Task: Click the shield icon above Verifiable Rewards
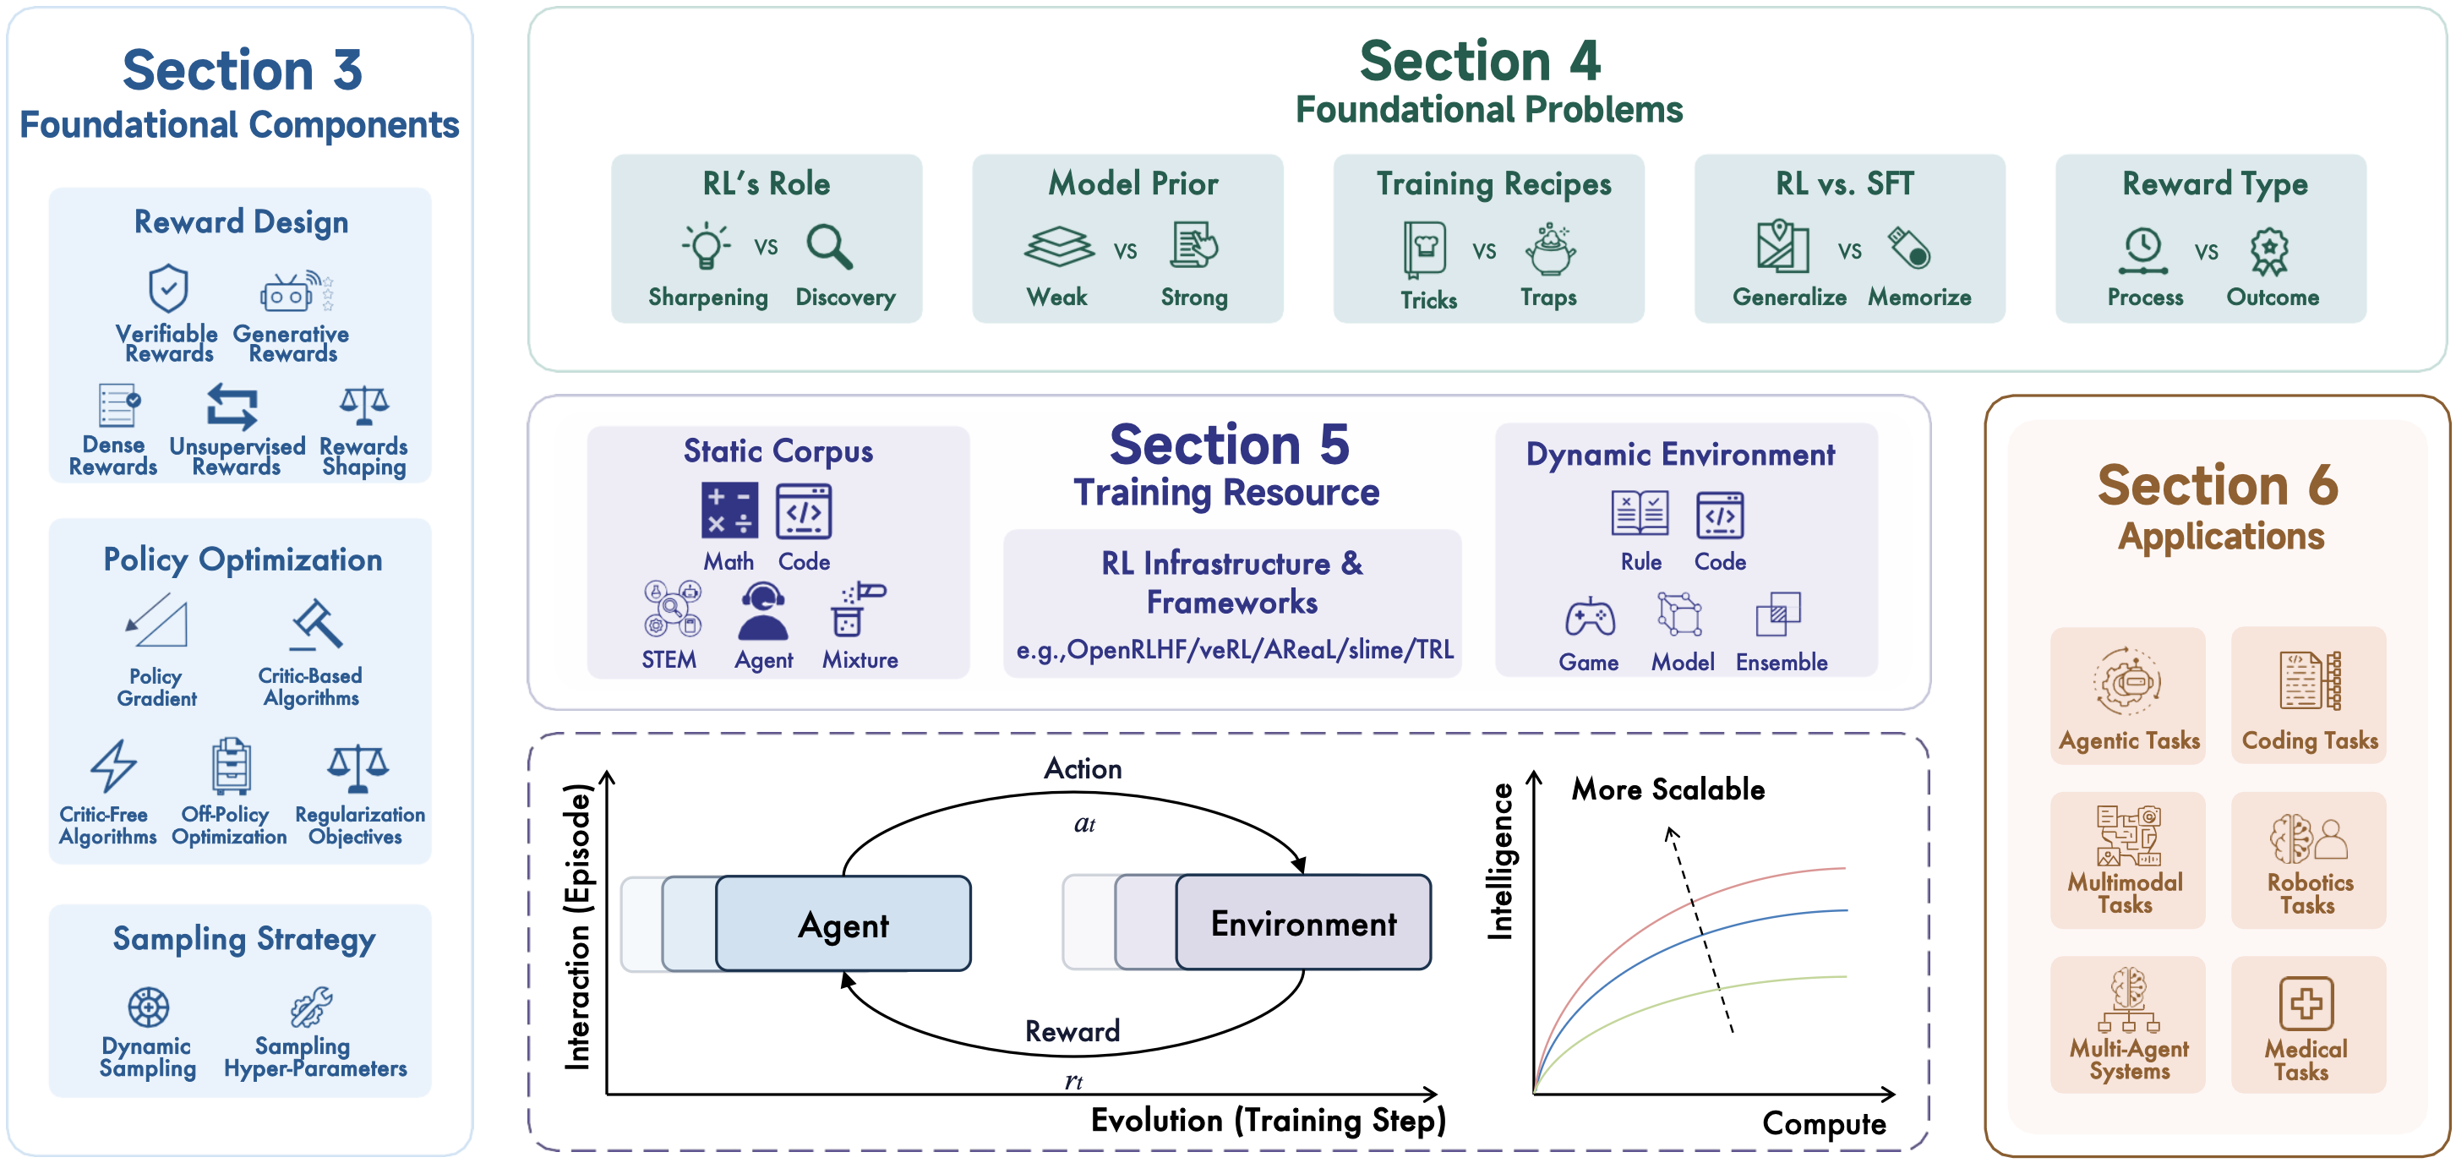click(169, 288)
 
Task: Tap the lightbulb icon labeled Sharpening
click(707, 246)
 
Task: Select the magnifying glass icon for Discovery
click(828, 246)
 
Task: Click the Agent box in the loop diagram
click(843, 924)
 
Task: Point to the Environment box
click(1302, 923)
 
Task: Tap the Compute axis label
click(1823, 1123)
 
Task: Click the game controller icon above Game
click(1590, 617)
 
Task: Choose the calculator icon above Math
click(729, 510)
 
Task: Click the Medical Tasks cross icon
click(2306, 1003)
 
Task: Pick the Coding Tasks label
click(2309, 740)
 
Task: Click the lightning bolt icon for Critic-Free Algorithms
click(113, 765)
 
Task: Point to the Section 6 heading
click(2218, 485)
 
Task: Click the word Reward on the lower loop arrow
click(1072, 1030)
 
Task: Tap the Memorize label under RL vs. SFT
click(1918, 297)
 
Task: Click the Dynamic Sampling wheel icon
click(149, 1007)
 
